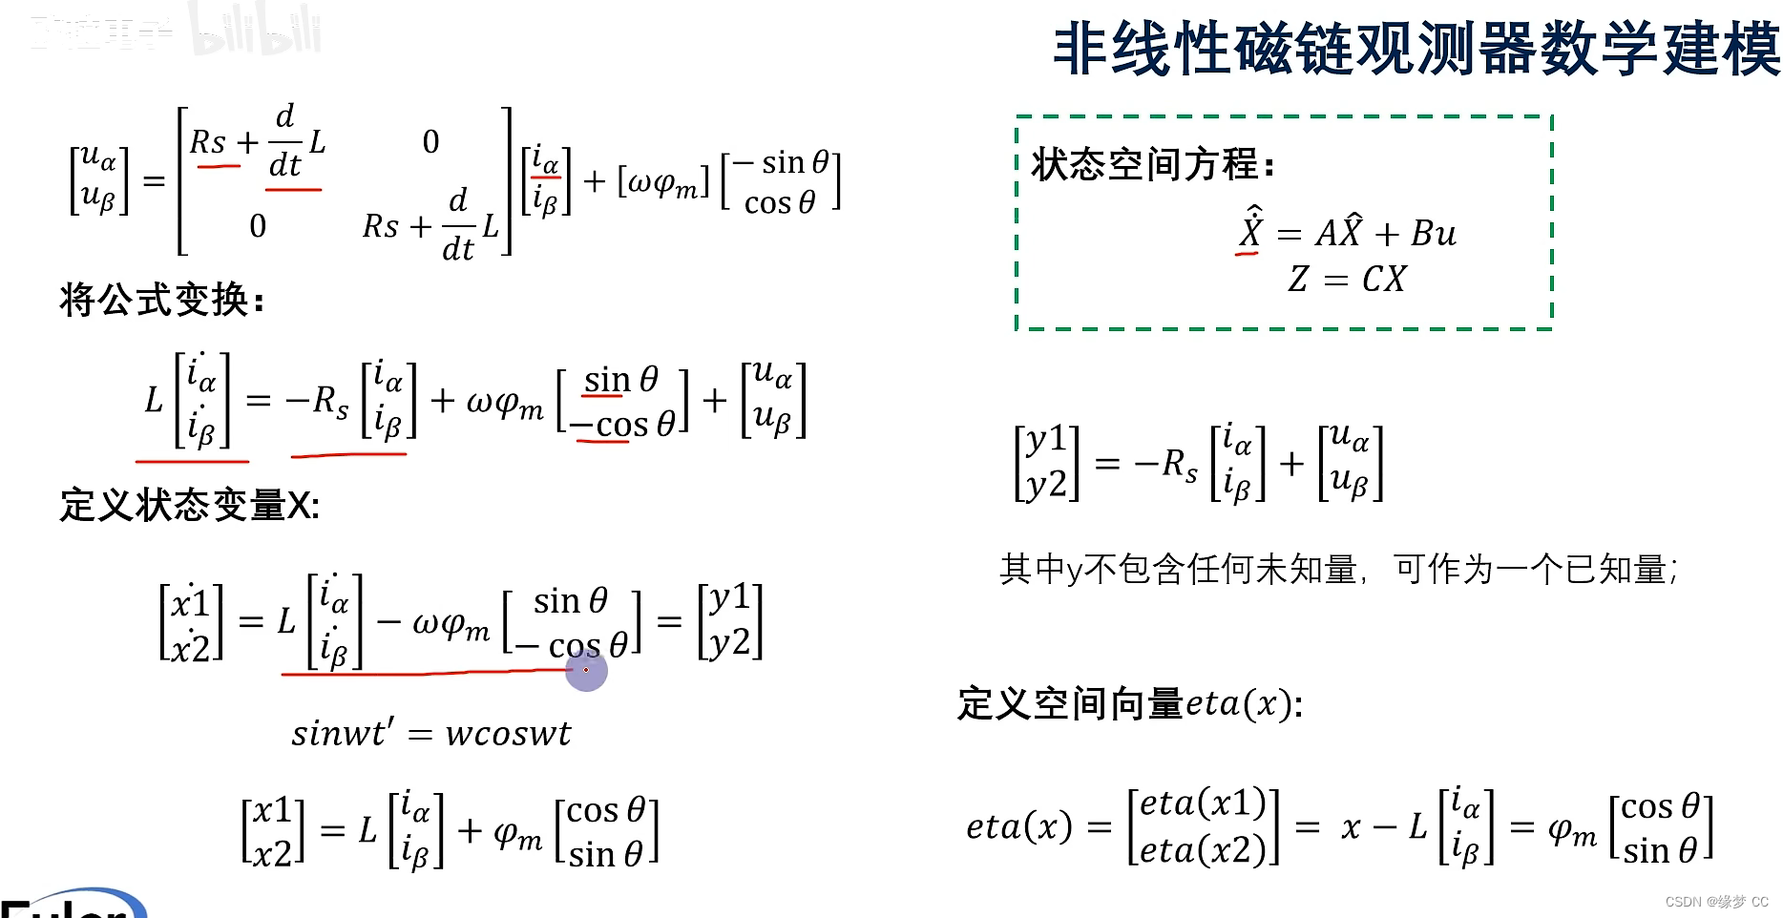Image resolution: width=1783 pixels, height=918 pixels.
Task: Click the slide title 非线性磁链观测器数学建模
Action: pyautogui.click(x=1416, y=50)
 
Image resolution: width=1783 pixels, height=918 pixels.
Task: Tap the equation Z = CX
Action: pyautogui.click(x=1346, y=279)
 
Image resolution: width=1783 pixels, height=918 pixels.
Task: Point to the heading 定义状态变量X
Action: pyautogui.click(x=189, y=505)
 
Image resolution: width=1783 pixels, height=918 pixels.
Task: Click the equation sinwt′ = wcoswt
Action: pyautogui.click(x=430, y=733)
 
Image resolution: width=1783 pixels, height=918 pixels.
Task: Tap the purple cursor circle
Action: pyautogui.click(x=586, y=670)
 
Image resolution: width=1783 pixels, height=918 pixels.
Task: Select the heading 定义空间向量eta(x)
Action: pyautogui.click(x=1130, y=703)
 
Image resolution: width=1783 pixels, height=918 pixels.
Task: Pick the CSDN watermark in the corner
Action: pyautogui.click(x=1716, y=902)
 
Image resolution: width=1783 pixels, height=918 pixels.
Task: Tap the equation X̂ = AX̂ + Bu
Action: pyautogui.click(x=1347, y=232)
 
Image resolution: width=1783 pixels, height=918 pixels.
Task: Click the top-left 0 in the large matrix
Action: pyautogui.click(x=430, y=142)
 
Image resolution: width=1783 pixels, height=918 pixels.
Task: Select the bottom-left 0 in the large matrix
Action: pyautogui.click(x=258, y=226)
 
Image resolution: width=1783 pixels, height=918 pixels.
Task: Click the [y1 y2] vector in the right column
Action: pyautogui.click(x=1046, y=463)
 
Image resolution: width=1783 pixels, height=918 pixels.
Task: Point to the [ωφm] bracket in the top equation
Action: pyautogui.click(x=663, y=181)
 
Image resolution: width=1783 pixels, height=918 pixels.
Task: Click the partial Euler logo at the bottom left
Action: pyautogui.click(x=72, y=904)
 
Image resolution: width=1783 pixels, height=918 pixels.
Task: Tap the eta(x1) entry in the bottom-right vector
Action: pyautogui.click(x=1203, y=803)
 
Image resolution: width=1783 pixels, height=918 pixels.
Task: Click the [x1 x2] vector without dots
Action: pyautogui.click(x=273, y=831)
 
